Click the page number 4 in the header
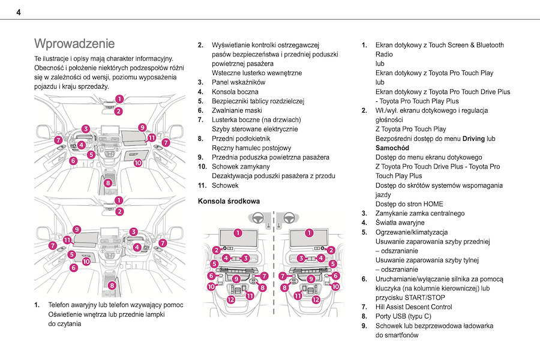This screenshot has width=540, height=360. pyautogui.click(x=19, y=12)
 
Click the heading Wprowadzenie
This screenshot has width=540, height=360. pyautogui.click(x=74, y=44)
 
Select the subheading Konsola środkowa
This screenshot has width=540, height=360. pyautogui.click(x=229, y=201)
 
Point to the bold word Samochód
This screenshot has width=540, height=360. pyautogui.click(x=392, y=148)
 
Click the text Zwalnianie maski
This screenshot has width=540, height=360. pyautogui.click(x=237, y=110)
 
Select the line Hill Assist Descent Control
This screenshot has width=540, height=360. pyautogui.click(x=413, y=307)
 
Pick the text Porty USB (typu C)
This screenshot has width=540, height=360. pyautogui.click(x=403, y=316)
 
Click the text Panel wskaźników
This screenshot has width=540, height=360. pyautogui.click(x=238, y=82)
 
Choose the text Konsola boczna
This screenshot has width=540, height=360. pyautogui.click(x=235, y=92)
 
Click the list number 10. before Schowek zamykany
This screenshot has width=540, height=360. pyautogui.click(x=202, y=167)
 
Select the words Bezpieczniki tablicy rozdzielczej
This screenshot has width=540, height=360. pyautogui.click(x=258, y=101)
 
